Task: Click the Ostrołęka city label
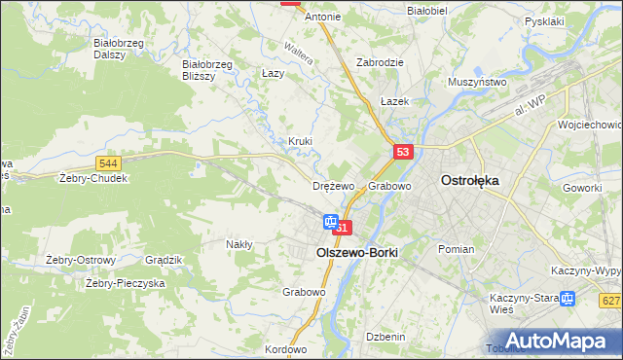470,180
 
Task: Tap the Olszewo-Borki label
357,250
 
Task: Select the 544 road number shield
109,163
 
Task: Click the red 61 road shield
341,227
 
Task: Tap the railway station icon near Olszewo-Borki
330,223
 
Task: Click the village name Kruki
300,141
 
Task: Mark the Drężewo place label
332,186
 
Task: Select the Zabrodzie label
381,60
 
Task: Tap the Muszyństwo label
477,83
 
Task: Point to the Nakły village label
239,244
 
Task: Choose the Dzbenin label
385,336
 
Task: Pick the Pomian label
456,249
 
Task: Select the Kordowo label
285,349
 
